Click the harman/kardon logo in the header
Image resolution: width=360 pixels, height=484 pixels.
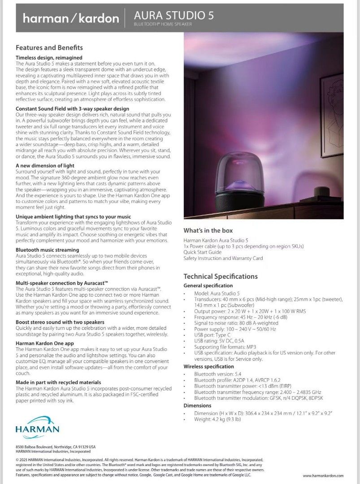pyautogui.click(x=71, y=18)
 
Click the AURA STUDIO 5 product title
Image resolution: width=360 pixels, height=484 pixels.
pyautogui.click(x=174, y=16)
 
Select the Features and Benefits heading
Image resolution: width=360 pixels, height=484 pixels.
pyautogui.click(x=49, y=48)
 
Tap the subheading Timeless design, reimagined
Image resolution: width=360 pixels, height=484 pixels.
pyautogui.click(x=49, y=58)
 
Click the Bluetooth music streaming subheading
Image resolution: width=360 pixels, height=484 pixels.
pyautogui.click(x=48, y=249)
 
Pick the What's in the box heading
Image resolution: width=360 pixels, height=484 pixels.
pyautogui.click(x=208, y=230)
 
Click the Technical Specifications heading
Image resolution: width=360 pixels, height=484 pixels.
pyautogui.click(x=221, y=277)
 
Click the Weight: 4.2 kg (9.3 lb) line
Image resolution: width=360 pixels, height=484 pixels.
pyautogui.click(x=218, y=419)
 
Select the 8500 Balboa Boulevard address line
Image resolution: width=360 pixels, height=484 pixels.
pyautogui.click(x=56, y=447)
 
